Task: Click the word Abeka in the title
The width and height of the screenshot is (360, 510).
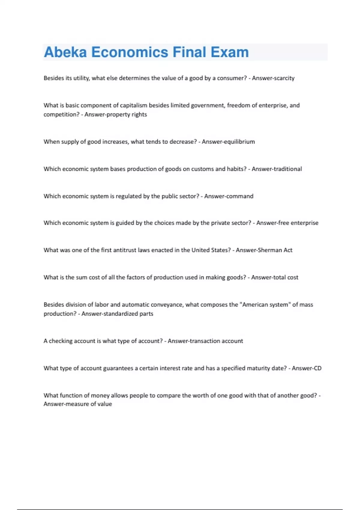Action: click(65, 52)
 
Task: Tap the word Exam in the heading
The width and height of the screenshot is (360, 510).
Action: click(229, 52)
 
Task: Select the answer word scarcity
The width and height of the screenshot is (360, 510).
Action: click(284, 78)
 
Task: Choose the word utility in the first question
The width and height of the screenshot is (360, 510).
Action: click(81, 78)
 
